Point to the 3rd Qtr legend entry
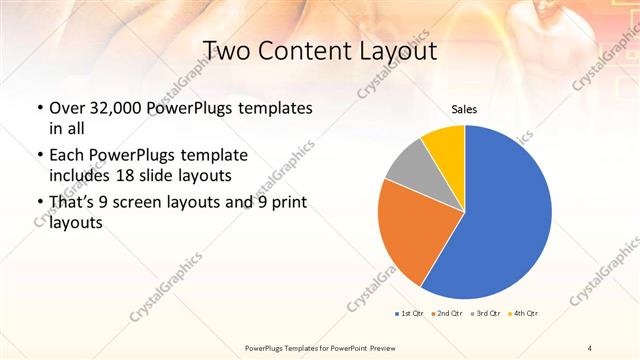pyautogui.click(x=486, y=313)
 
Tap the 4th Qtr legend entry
pyautogui.click(x=524, y=313)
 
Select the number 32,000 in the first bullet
pyautogui.click(x=112, y=108)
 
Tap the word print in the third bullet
pyautogui.click(x=287, y=204)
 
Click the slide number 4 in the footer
pyautogui.click(x=589, y=346)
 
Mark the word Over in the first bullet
pyautogui.click(x=67, y=108)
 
